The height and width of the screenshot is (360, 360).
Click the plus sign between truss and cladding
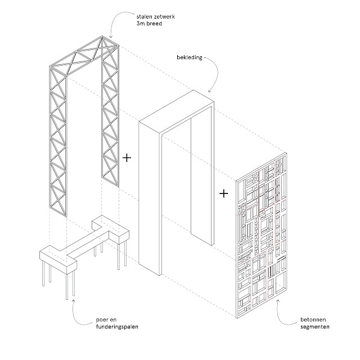click(127, 158)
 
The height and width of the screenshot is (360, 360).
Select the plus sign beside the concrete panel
click(224, 193)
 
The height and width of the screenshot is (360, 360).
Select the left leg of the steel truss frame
click(58, 146)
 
